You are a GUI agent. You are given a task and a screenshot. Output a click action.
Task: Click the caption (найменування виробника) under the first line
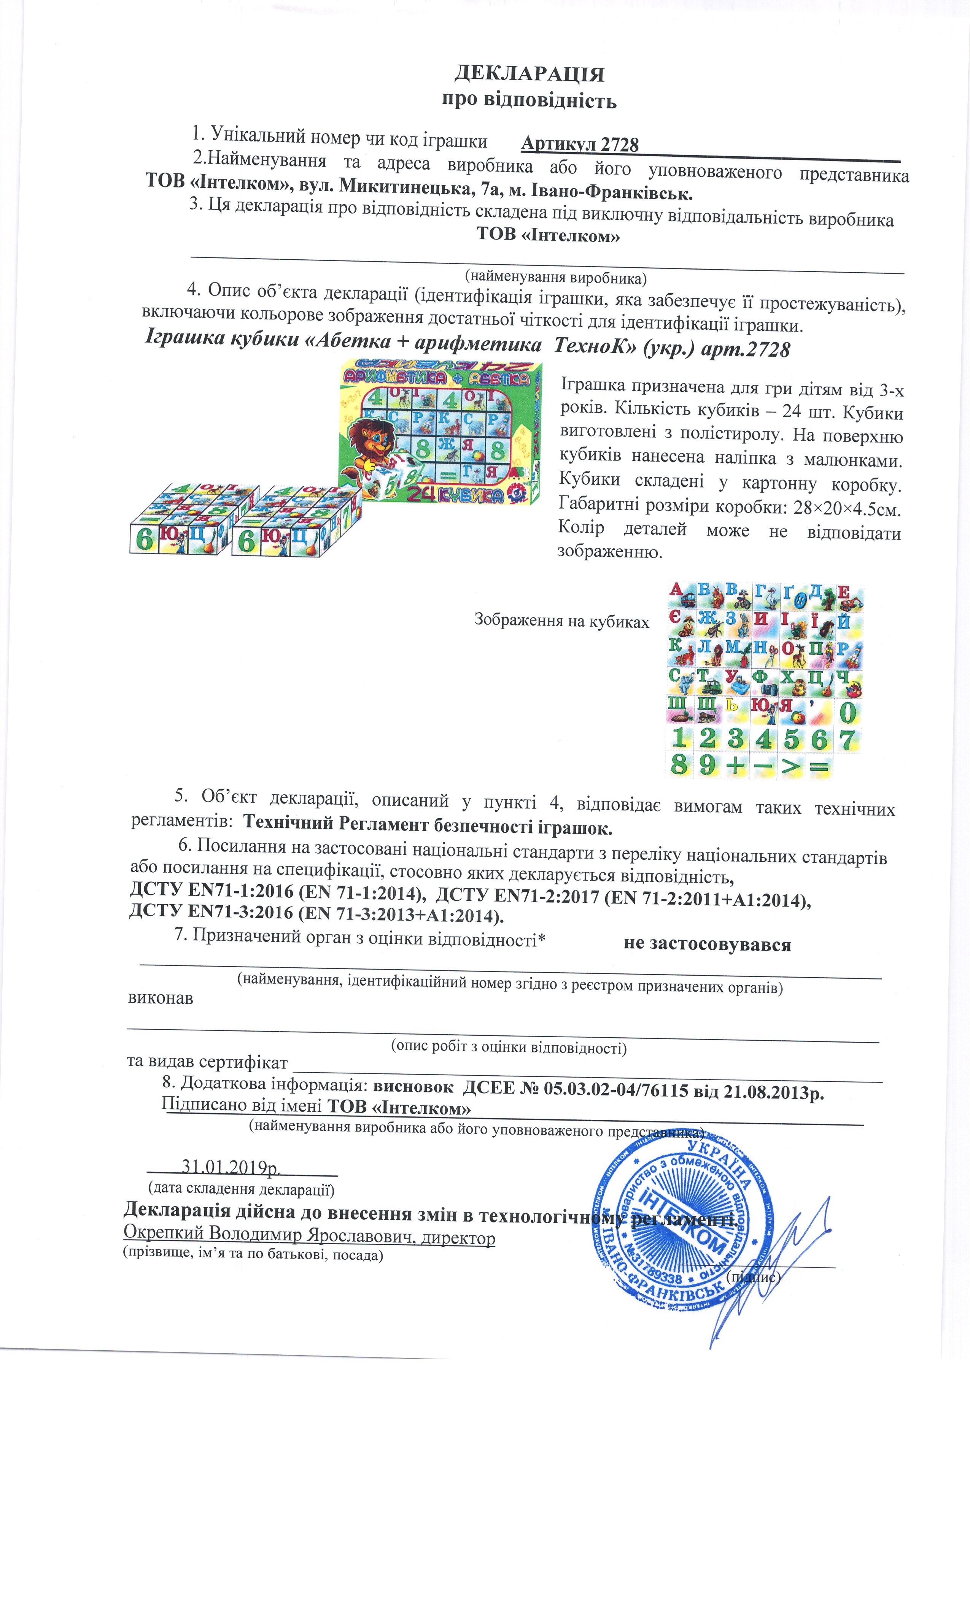(x=556, y=278)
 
